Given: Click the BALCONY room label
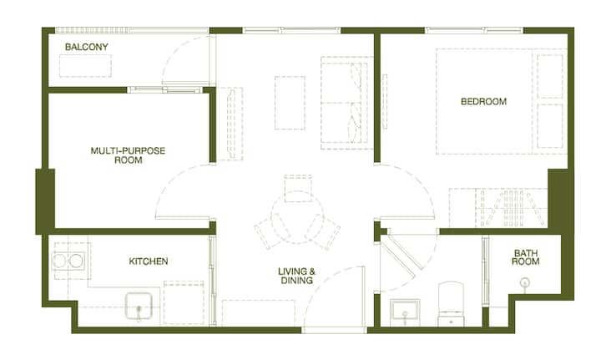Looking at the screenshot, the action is (86, 47).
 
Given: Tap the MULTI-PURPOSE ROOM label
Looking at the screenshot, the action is (128, 155).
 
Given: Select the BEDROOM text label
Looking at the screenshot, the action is (483, 102).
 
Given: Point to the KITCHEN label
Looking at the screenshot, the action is (149, 261).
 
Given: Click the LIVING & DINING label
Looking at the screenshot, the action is (296, 276).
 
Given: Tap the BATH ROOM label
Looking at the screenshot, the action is (526, 257).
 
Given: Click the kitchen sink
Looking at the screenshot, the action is (139, 306).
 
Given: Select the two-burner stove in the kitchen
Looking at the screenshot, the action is (68, 261).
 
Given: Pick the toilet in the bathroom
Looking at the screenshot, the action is (451, 304).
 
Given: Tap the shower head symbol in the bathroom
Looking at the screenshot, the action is (524, 283).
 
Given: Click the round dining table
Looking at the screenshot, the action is (297, 217).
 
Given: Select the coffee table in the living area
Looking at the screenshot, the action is (290, 103).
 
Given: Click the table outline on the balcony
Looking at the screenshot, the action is (85, 65).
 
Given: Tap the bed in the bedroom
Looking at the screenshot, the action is (502, 102).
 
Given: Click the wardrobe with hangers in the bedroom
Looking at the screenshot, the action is (497, 207).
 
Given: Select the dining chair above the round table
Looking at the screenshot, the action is (298, 188).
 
